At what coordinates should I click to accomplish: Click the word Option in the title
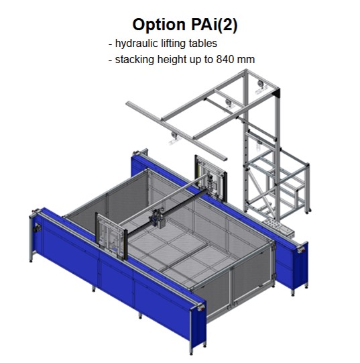tap(159, 25)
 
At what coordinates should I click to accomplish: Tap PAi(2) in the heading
tap(215, 25)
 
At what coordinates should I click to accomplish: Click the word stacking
tap(135, 60)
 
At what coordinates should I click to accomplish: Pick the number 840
tap(224, 59)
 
